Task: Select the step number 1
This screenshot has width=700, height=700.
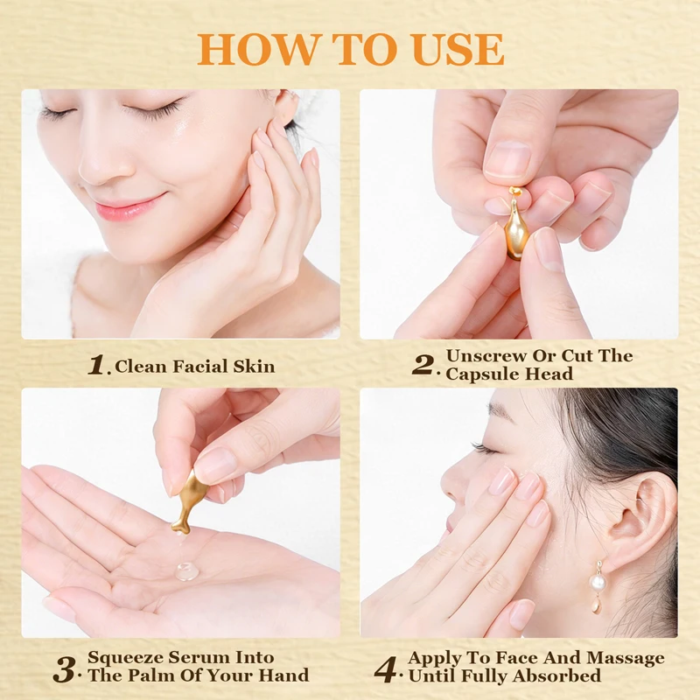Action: pyautogui.click(x=96, y=365)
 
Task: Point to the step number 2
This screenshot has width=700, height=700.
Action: pyautogui.click(x=423, y=365)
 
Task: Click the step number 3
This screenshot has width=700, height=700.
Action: pyautogui.click(x=64, y=668)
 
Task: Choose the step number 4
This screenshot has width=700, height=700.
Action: pyautogui.click(x=386, y=668)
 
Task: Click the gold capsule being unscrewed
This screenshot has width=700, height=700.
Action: pyautogui.click(x=516, y=228)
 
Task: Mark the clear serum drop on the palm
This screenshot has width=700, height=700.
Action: pyautogui.click(x=185, y=571)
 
